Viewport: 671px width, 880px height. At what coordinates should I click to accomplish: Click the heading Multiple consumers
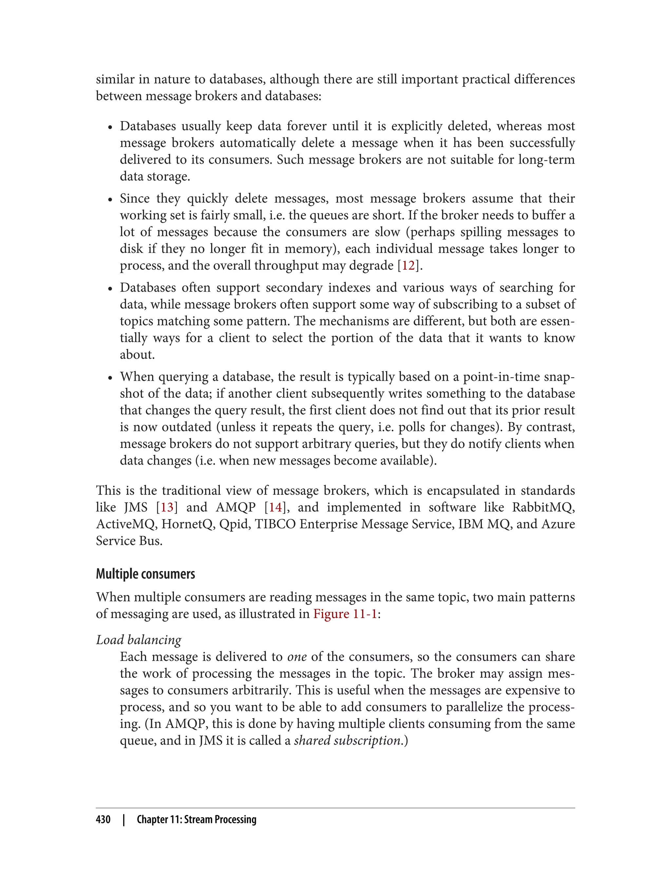(x=145, y=574)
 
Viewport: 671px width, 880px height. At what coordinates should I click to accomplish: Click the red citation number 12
(x=408, y=266)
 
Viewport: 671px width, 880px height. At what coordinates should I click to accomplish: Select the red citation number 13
(x=167, y=507)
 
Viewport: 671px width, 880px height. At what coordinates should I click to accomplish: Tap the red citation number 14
(x=275, y=507)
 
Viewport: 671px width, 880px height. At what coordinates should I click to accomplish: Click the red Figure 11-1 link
(x=345, y=614)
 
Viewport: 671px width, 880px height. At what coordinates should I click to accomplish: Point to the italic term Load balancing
(x=139, y=640)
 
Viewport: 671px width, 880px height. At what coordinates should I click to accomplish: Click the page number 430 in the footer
(x=103, y=819)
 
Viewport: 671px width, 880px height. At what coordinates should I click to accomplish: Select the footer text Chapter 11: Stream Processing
(x=197, y=819)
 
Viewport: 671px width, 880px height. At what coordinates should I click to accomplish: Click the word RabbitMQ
(x=543, y=507)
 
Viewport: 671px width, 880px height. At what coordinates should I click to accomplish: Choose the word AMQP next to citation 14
(x=236, y=507)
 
